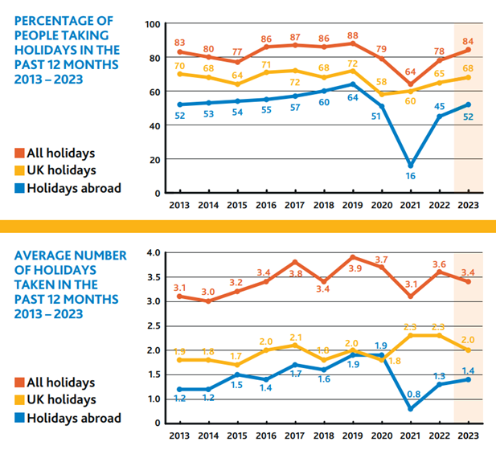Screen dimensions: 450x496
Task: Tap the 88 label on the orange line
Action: pos(351,35)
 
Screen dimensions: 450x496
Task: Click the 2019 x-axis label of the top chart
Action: pos(351,206)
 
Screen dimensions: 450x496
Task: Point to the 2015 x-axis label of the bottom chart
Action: pos(237,436)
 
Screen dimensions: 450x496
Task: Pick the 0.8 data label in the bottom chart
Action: pos(412,395)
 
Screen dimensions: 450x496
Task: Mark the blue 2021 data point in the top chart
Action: pos(412,166)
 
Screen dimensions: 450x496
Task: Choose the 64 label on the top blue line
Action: pos(351,96)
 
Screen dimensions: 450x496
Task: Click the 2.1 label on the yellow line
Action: pos(296,337)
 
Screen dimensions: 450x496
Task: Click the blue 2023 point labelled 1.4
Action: pos(469,379)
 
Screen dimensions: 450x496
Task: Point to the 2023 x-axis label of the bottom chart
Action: pos(469,436)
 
